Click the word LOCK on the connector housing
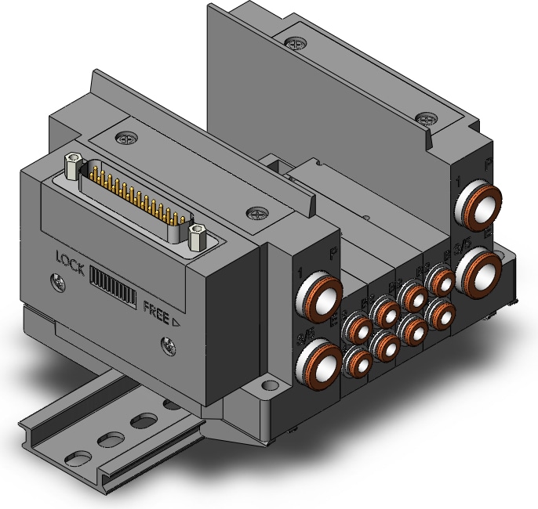tap(71, 258)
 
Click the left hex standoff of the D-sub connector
tap(74, 164)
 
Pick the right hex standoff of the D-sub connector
tap(197, 233)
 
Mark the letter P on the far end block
tap(489, 164)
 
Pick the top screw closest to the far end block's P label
tap(427, 119)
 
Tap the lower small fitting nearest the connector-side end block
tap(358, 362)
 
